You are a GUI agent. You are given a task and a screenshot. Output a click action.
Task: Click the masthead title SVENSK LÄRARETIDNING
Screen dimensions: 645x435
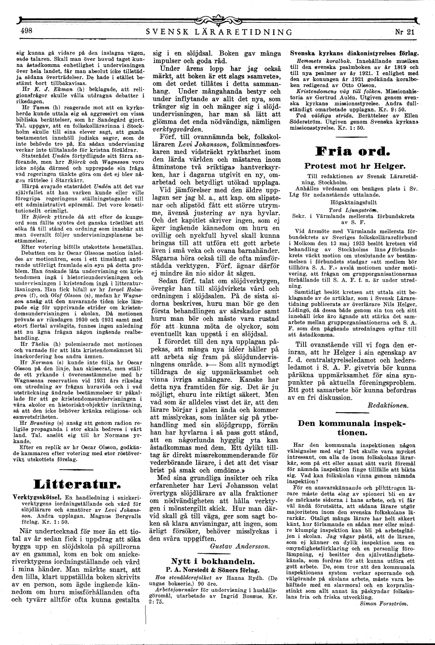219,32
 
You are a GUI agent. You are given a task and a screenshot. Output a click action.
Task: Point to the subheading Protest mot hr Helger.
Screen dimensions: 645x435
355,165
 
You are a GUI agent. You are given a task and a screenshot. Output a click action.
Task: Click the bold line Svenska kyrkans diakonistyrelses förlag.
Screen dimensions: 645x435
354,54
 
